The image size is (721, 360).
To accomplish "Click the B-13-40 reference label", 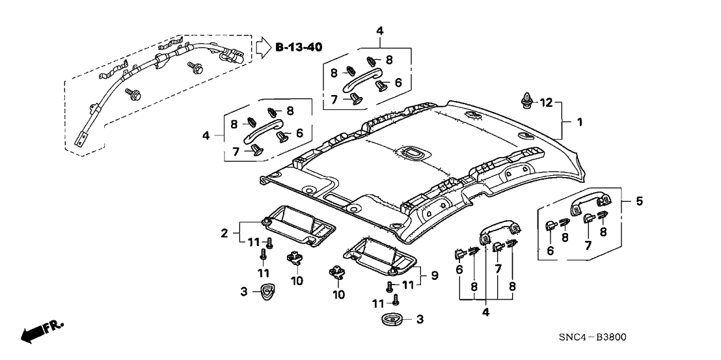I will (x=299, y=47).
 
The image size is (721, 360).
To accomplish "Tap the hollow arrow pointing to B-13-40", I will (x=262, y=47).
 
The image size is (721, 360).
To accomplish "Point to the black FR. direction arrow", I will (x=35, y=333).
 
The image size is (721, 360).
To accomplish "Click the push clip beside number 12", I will (x=526, y=100).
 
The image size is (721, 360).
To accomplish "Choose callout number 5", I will (x=639, y=201).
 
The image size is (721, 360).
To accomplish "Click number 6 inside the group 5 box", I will (x=551, y=251).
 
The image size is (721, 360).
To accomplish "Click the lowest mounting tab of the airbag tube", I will (x=81, y=141).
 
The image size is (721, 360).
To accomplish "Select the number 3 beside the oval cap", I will (x=419, y=320).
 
